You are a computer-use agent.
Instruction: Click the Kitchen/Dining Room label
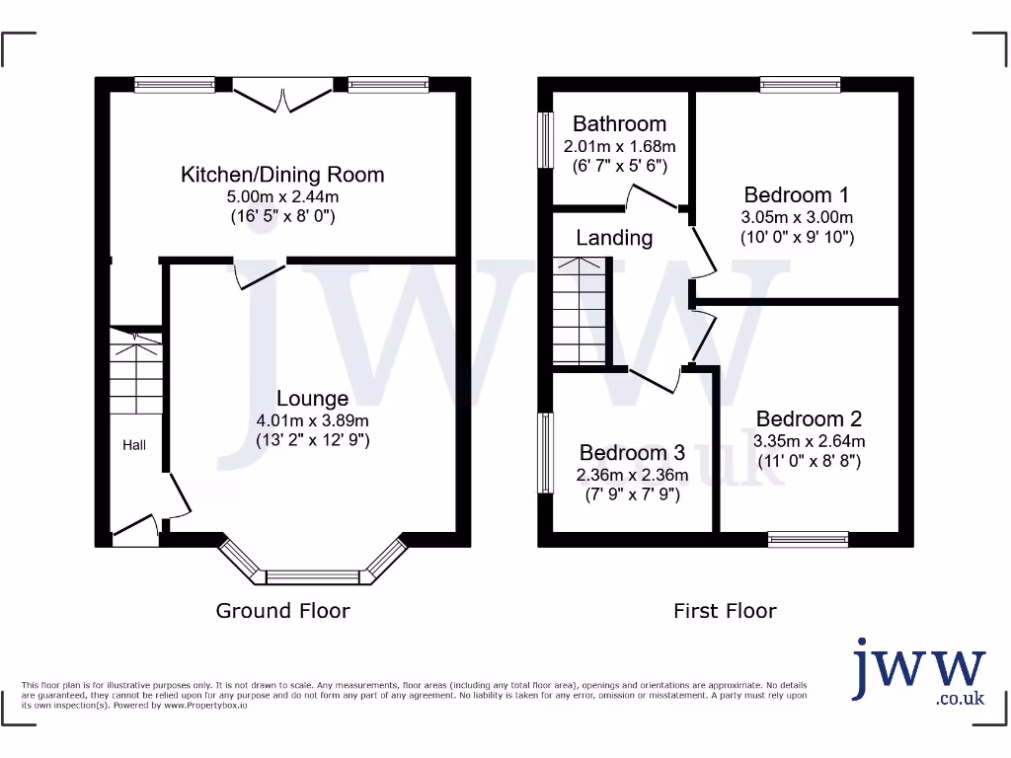tap(281, 175)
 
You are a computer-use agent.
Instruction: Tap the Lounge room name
tap(312, 399)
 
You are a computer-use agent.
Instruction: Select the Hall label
tap(134, 445)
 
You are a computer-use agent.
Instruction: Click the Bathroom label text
tap(619, 123)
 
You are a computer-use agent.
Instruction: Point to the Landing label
tap(614, 238)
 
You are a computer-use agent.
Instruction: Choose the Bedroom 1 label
tap(796, 194)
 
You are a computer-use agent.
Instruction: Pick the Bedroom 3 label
tap(632, 452)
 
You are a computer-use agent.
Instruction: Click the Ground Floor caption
tap(282, 611)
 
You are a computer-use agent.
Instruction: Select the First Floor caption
tap(725, 611)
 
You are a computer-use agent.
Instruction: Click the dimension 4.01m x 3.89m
tap(312, 420)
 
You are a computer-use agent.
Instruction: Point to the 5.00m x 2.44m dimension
tap(282, 196)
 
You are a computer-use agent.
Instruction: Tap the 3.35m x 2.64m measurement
tap(809, 441)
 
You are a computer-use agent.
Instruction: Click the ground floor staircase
tap(135, 374)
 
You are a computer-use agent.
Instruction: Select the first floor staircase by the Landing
tap(579, 311)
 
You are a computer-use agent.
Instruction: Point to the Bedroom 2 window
tap(808, 539)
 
